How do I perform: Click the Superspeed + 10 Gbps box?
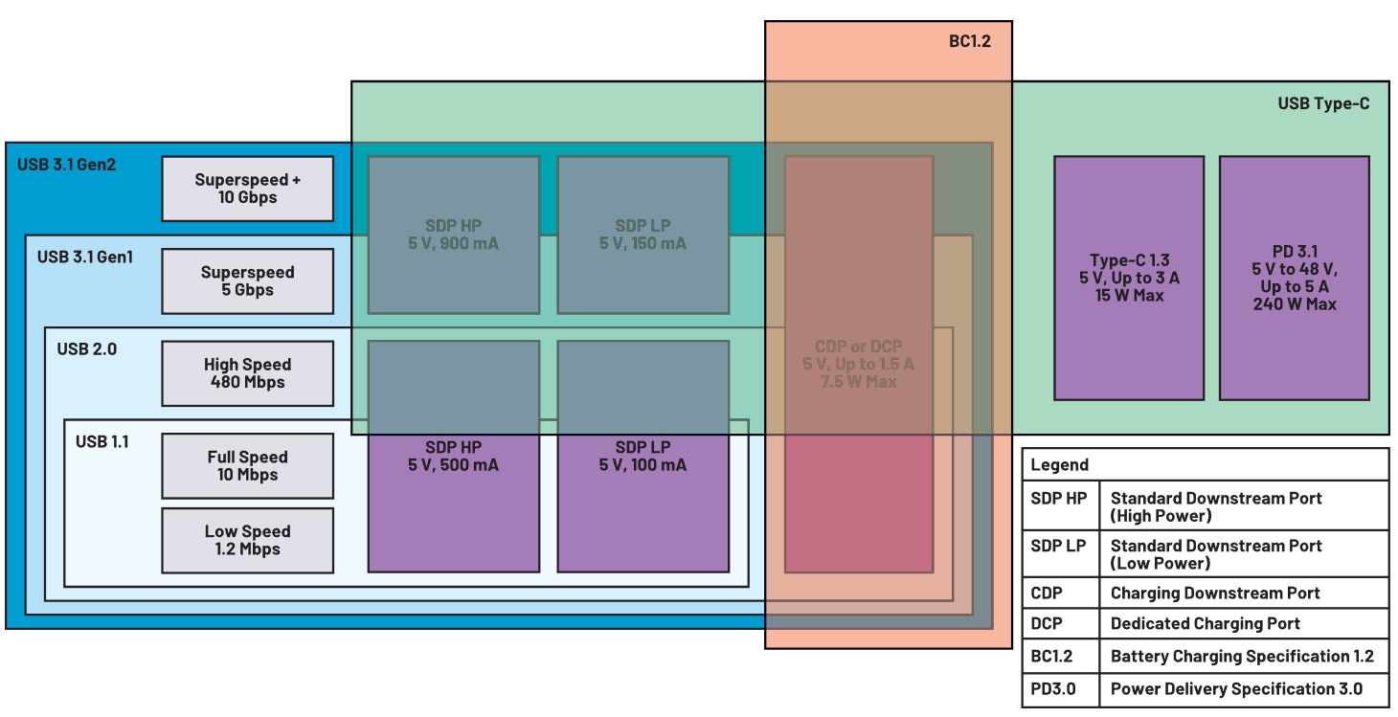(x=248, y=189)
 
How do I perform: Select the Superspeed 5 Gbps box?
(x=248, y=281)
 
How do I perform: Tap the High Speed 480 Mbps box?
(x=248, y=373)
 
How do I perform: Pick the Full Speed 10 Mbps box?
(x=248, y=466)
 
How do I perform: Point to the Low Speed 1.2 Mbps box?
(x=248, y=541)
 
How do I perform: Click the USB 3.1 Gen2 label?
(x=68, y=165)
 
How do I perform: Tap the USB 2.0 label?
(x=86, y=348)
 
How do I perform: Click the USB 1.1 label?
(x=101, y=441)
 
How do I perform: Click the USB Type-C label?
(x=1323, y=103)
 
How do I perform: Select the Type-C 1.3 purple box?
(x=1129, y=278)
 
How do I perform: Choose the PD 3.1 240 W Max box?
(x=1295, y=278)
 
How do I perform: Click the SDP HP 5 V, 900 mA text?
(x=454, y=235)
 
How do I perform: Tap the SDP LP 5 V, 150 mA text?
(x=643, y=235)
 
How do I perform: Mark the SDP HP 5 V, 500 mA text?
(x=454, y=457)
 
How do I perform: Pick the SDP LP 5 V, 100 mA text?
(x=643, y=457)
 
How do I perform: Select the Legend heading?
(x=1059, y=465)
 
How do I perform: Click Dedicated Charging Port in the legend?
(x=1205, y=624)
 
